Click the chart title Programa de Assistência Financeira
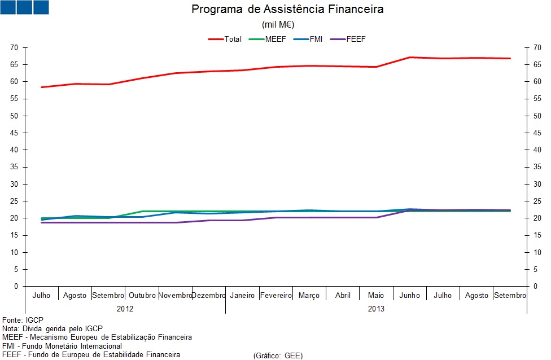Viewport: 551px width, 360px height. point(287,10)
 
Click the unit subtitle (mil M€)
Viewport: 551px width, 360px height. point(278,24)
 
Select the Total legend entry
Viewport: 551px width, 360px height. point(226,39)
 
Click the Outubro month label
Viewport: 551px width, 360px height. point(142,296)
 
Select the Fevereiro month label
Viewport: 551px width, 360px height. point(276,296)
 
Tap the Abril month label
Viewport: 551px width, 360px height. point(343,296)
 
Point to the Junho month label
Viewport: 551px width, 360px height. point(410,296)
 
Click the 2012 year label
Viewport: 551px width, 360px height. point(125,309)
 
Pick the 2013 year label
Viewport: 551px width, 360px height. point(376,309)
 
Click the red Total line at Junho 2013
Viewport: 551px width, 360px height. point(410,57)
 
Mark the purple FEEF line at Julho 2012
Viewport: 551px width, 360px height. point(42,222)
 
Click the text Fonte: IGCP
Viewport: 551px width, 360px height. point(23,319)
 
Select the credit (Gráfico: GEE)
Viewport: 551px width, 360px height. point(278,355)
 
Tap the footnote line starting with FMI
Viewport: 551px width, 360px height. point(62,346)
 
